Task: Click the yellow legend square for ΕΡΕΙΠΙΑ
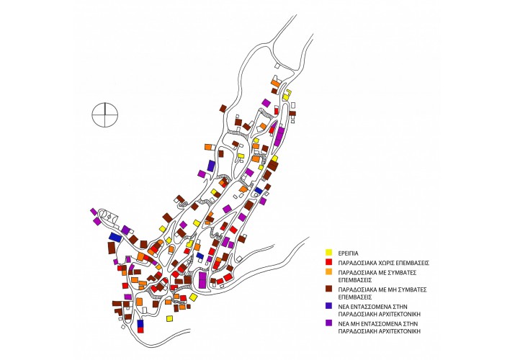328,253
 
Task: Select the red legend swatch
328,262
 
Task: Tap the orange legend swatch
328,271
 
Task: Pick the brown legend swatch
328,289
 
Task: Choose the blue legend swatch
328,306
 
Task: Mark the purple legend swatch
328,323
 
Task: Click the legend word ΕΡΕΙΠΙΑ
348,253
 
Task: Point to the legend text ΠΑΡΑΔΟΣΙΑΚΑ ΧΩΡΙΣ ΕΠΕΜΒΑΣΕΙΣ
384,263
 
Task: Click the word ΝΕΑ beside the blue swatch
344,307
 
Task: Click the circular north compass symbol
104,114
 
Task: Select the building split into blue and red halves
140,326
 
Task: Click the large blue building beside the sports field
115,237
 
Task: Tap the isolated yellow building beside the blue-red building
169,318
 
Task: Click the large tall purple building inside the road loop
202,280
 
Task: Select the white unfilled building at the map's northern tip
277,66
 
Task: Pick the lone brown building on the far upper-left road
223,109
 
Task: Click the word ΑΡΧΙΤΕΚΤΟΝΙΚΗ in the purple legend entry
400,331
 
